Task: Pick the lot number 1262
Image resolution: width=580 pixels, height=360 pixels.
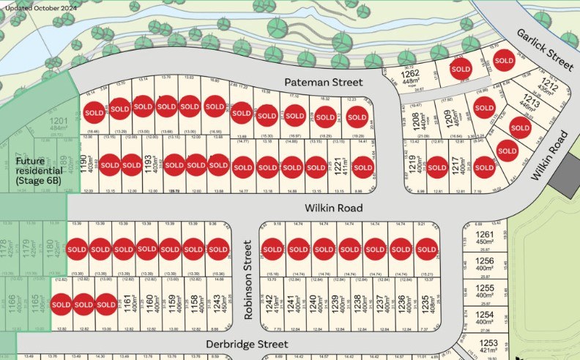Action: coord(409,73)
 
